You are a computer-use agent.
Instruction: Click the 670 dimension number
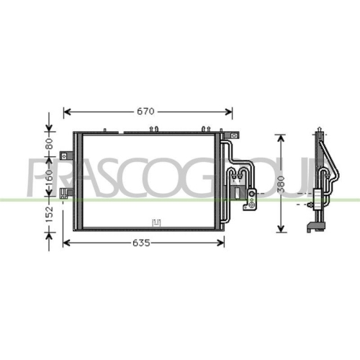145,112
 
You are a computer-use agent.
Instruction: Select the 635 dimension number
141,243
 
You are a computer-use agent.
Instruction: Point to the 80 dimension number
49,144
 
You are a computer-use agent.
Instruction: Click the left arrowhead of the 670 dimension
67,112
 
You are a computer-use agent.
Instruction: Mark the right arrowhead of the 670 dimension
229,112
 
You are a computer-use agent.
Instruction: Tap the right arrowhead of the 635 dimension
220,243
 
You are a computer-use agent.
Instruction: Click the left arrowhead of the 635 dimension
66,243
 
